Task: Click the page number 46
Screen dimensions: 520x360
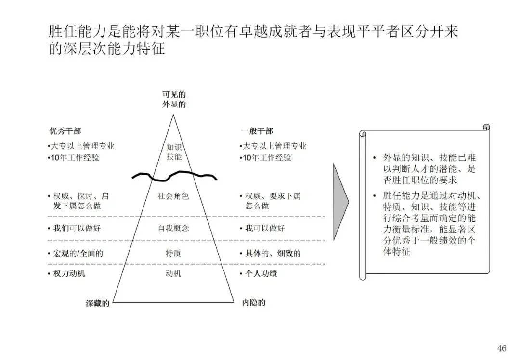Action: tap(502, 348)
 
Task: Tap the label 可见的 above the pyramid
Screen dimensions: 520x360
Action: tap(174, 94)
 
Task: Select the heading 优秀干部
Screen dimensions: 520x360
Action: tap(65, 131)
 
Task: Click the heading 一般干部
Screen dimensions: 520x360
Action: tap(257, 131)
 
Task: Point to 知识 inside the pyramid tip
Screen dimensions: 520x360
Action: tap(174, 147)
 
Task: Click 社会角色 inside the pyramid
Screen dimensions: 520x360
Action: tap(173, 196)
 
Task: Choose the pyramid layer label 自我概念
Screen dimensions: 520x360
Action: tap(173, 228)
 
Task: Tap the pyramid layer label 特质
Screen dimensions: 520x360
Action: tap(173, 253)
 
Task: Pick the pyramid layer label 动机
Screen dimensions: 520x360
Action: tap(173, 274)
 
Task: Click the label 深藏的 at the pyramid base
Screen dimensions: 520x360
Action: tap(98, 303)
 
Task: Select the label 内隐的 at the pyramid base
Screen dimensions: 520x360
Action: tap(253, 303)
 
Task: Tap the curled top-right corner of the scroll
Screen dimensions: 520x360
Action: tap(486, 128)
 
